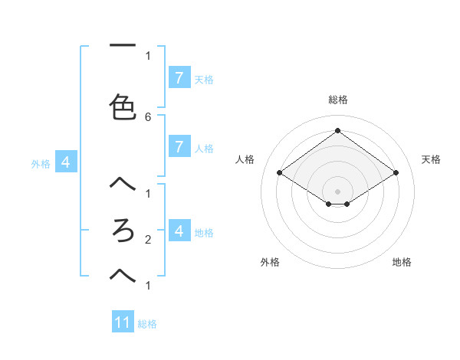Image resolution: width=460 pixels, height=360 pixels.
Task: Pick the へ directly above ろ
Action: point(123,184)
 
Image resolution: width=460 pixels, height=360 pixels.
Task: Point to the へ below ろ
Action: point(123,273)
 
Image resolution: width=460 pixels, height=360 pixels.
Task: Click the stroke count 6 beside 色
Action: point(148,117)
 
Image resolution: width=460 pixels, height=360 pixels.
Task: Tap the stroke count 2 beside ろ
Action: point(148,240)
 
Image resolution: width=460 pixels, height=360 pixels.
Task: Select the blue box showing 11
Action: point(123,322)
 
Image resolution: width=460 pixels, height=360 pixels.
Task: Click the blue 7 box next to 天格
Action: point(179,77)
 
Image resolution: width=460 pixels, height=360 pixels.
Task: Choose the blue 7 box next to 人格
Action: point(179,146)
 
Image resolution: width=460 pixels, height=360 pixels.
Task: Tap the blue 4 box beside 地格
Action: point(179,231)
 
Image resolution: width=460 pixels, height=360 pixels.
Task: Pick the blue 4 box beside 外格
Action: point(66,162)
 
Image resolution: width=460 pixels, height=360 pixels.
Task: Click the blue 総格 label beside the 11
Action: point(147,324)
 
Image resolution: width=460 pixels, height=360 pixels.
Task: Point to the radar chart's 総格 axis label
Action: point(338,100)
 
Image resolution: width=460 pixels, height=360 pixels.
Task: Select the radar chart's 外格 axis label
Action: point(270,262)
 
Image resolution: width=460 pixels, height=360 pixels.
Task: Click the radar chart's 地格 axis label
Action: point(402,262)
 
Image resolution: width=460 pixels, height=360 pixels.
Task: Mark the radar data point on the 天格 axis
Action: point(396,173)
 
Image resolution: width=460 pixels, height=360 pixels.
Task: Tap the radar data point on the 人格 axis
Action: point(280,173)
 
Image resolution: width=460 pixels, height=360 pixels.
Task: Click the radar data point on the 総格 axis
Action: point(338,130)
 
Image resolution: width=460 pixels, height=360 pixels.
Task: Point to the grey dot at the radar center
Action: point(338,191)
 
